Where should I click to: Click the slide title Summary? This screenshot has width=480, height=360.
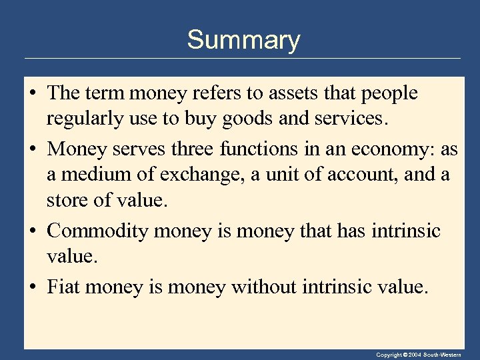(x=243, y=40)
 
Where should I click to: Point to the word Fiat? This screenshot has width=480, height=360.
(x=63, y=287)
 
